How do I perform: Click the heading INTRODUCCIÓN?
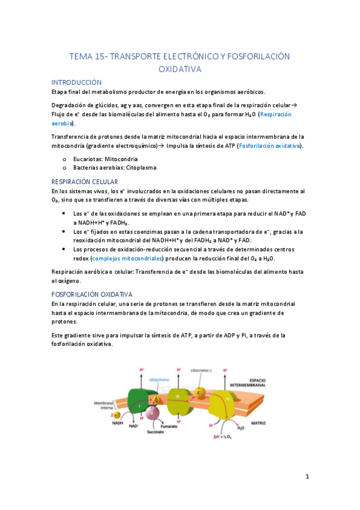click(x=76, y=82)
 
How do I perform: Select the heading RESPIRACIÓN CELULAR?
click(x=84, y=182)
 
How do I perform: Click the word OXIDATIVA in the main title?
click(x=180, y=69)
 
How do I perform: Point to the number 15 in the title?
click(x=101, y=57)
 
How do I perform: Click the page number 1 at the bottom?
click(x=307, y=477)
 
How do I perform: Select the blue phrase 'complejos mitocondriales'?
click(x=127, y=259)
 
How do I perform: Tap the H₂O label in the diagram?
click(x=240, y=428)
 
